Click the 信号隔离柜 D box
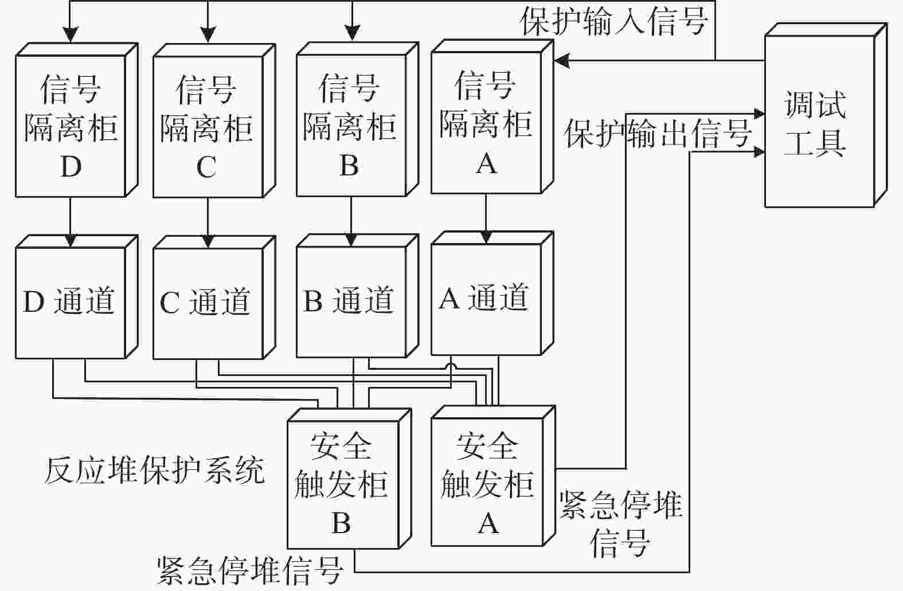click(77, 120)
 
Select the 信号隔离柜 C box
click(214, 121)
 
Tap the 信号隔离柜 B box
click(358, 119)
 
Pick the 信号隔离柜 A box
click(492, 117)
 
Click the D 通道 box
click(77, 297)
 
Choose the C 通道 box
click(214, 298)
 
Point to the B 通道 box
click(358, 296)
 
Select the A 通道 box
click(492, 293)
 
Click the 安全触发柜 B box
click(350, 479)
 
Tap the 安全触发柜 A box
click(493, 476)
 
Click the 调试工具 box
click(826, 115)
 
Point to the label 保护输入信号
click(615, 22)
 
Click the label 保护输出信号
click(658, 134)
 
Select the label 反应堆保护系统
click(155, 470)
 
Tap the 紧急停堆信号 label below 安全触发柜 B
click(250, 571)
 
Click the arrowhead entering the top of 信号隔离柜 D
click(71, 35)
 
